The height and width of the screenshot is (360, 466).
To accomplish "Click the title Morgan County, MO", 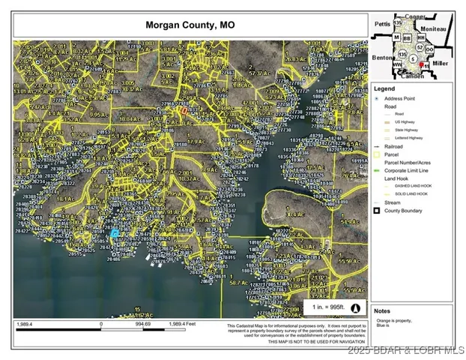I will [x=190, y=25].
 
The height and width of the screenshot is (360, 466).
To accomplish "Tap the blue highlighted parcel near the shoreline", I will [x=114, y=233].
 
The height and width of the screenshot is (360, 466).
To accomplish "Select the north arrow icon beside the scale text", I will [x=356, y=307].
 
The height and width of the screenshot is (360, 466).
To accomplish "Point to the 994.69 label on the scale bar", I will [x=142, y=324].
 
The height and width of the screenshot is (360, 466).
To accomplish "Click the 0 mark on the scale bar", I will [x=101, y=324].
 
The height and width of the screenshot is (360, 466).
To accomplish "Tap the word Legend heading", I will [x=384, y=88].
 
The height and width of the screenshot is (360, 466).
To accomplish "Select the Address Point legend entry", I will [x=399, y=98].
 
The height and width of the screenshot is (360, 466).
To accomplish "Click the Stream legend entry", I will [x=394, y=202].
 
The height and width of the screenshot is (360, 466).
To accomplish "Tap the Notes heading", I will [x=382, y=310].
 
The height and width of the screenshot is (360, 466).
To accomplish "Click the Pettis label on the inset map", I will [x=382, y=23].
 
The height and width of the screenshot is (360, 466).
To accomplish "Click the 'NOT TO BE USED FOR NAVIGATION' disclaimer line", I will [x=300, y=342].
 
